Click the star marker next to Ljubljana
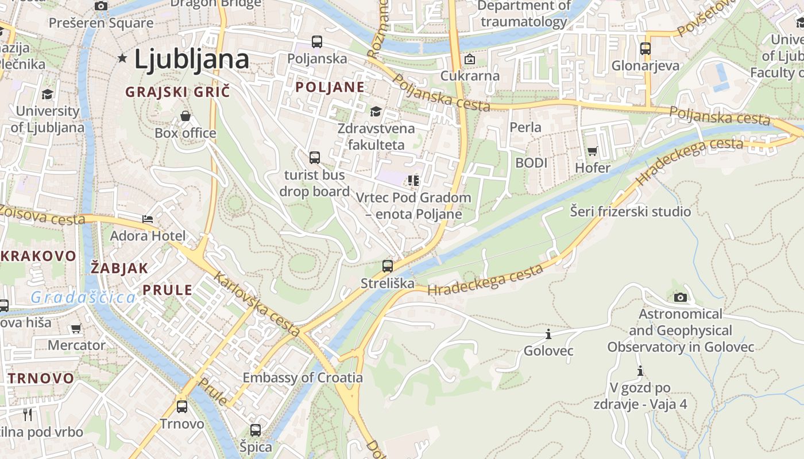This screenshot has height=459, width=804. pyautogui.click(x=122, y=58)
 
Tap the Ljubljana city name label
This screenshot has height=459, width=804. pyautogui.click(x=192, y=59)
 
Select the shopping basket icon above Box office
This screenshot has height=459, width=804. pyautogui.click(x=185, y=116)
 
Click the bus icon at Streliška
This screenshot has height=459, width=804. pyautogui.click(x=388, y=266)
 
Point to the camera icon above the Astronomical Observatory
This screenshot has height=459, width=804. pyautogui.click(x=680, y=297)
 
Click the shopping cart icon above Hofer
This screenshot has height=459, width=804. pyautogui.click(x=592, y=151)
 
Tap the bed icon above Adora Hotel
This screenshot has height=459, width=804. pyautogui.click(x=148, y=219)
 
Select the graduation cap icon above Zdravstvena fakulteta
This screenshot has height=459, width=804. pyautogui.click(x=376, y=111)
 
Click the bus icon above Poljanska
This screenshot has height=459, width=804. pyautogui.click(x=317, y=41)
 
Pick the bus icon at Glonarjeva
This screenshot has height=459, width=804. pyautogui.click(x=645, y=49)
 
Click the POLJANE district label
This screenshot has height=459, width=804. pyautogui.click(x=330, y=87)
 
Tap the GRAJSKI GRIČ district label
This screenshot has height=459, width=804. pyautogui.click(x=177, y=92)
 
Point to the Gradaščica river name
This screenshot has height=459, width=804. pyautogui.click(x=83, y=297)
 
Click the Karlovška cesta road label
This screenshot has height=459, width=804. pyautogui.click(x=257, y=304)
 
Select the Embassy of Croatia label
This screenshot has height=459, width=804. pyautogui.click(x=303, y=378)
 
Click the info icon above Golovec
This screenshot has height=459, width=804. pyautogui.click(x=548, y=334)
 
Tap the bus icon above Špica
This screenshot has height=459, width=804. pyautogui.click(x=256, y=430)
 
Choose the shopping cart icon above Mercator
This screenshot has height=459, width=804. pyautogui.click(x=76, y=329)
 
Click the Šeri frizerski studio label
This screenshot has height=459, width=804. pyautogui.click(x=630, y=212)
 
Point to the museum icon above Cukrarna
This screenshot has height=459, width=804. pyautogui.click(x=470, y=59)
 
